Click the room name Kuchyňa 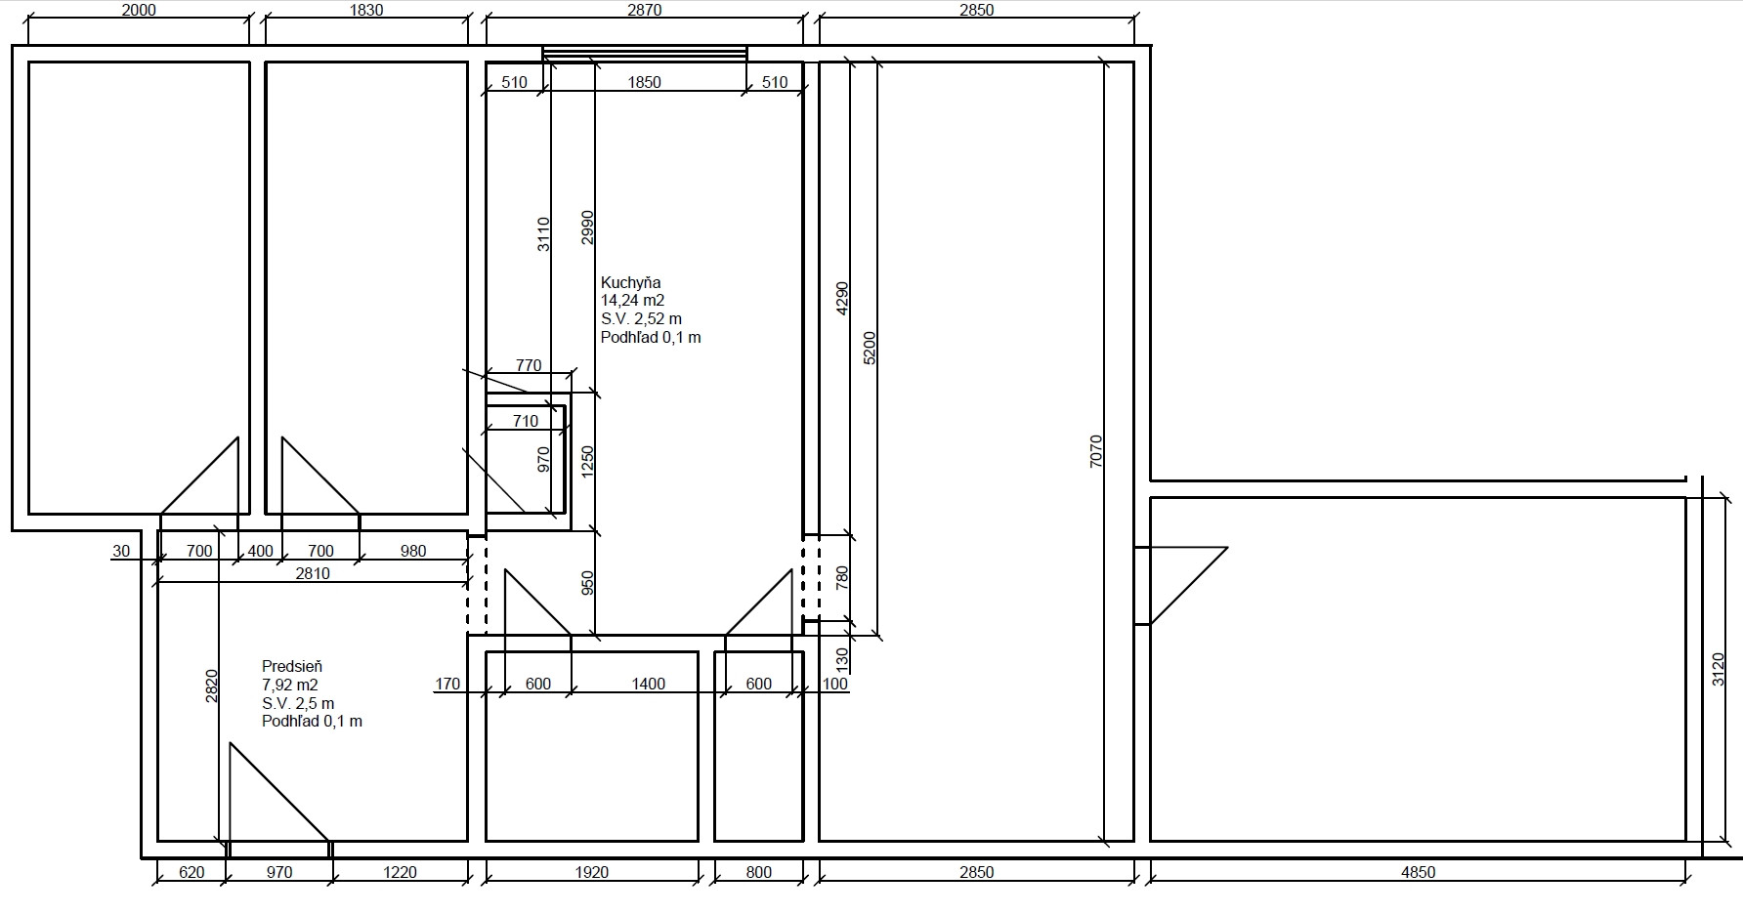tap(631, 283)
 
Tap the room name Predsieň tap(292, 667)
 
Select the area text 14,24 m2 tap(632, 301)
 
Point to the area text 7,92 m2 tap(290, 686)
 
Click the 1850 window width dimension tap(644, 82)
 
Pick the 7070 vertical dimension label tap(1096, 451)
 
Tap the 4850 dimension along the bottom tap(1418, 872)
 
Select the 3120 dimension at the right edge tap(1720, 670)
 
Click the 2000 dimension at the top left tap(139, 10)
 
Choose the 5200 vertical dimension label tap(871, 349)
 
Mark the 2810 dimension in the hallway tap(313, 573)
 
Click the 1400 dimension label tap(648, 684)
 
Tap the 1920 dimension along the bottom tap(591, 872)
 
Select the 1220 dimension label tap(400, 872)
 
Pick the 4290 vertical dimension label tap(843, 300)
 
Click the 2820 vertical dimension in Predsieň tap(212, 686)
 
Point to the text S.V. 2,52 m tap(642, 319)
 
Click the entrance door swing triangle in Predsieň tap(278, 792)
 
